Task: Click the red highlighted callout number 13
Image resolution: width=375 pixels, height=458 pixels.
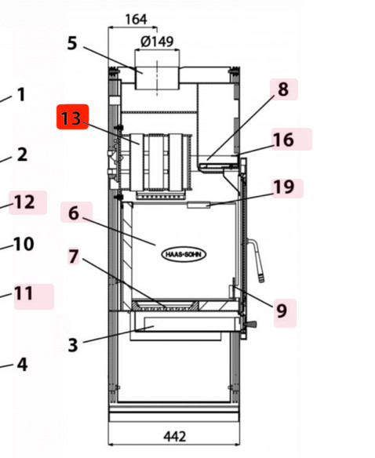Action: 72,118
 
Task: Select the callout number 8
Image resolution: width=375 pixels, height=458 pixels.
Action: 282,89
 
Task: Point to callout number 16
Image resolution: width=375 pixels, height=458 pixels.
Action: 283,140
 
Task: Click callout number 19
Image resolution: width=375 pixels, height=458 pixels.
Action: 283,187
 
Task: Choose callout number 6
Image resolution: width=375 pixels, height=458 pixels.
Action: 74,213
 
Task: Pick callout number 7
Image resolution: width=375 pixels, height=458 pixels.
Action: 74,256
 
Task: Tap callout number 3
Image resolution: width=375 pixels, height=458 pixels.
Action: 72,344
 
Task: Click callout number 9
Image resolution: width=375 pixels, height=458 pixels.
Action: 281,311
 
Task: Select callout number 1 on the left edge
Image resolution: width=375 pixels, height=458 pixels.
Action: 20,95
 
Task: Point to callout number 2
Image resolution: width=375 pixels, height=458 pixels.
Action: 21,154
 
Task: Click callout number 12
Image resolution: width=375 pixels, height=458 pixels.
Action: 24,202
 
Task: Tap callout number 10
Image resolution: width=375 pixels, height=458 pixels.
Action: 24,244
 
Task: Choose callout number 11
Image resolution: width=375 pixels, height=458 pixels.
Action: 24,293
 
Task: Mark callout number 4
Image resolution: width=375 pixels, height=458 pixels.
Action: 22,365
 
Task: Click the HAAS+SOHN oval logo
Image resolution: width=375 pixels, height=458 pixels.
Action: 185,254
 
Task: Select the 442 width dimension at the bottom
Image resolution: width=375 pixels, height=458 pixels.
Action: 174,435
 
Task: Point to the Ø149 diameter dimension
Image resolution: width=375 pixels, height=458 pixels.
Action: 157,41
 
